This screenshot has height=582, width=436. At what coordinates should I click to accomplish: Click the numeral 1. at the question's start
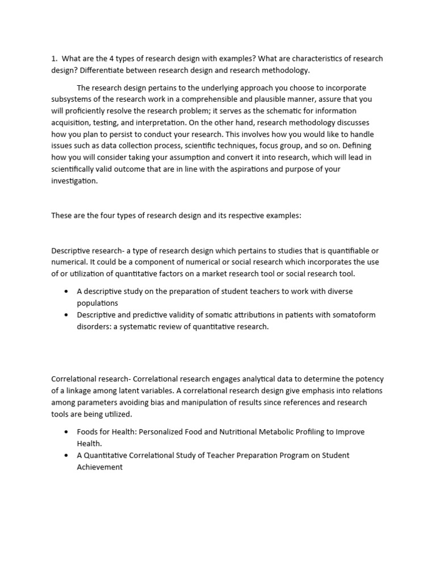(54, 59)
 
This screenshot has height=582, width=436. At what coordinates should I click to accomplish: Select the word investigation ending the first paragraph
(74, 181)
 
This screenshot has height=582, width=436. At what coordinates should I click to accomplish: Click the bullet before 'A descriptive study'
(66, 292)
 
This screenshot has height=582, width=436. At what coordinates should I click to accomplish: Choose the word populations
(97, 304)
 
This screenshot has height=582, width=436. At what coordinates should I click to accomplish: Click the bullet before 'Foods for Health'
(66, 432)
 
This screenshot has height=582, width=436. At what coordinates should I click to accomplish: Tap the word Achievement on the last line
(99, 467)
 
